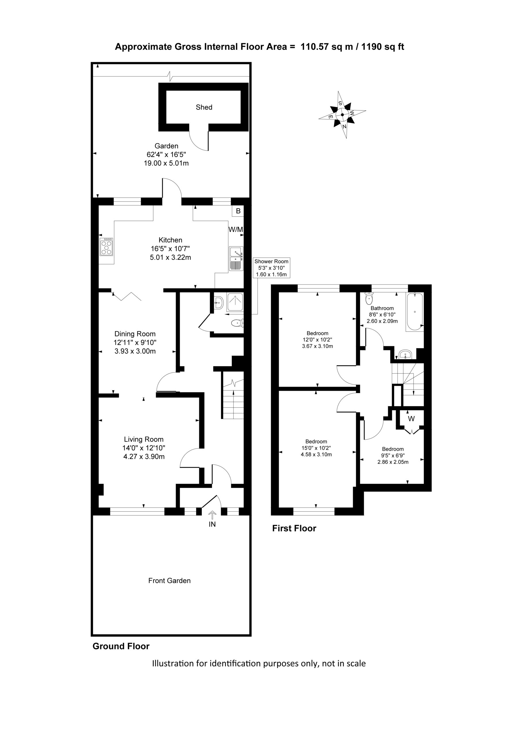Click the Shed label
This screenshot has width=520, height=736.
point(204,107)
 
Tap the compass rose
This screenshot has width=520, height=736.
point(342,115)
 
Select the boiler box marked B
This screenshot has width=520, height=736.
point(238,211)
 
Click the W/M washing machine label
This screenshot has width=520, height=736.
point(236,229)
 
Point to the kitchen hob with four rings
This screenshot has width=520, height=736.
point(106,247)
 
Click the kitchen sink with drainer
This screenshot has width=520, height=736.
point(236,258)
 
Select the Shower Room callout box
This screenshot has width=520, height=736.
point(271,268)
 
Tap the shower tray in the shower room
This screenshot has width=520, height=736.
point(235,302)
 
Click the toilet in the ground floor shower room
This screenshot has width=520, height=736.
point(237,323)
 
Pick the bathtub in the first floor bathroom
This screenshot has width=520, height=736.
point(415,312)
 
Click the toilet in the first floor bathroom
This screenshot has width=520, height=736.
point(369,299)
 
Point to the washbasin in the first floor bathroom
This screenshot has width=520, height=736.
point(406,355)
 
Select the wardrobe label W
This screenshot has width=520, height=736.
point(411,419)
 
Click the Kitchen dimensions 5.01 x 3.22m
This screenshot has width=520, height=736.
point(170,257)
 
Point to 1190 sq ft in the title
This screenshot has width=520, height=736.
point(383,47)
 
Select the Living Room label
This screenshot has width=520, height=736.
point(144,439)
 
